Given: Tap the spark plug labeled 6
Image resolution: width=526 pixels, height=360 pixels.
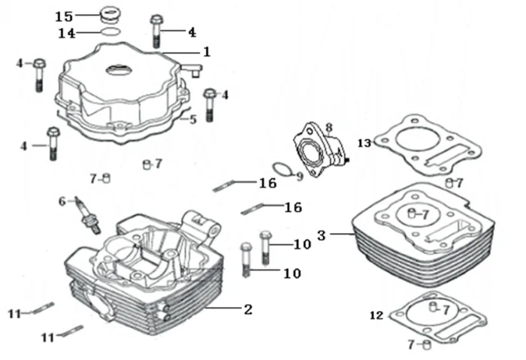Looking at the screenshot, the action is [88, 215].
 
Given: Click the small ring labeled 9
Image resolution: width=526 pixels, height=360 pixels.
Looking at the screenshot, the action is [283, 169].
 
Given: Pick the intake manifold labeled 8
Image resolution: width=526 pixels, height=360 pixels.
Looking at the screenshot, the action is [320, 150].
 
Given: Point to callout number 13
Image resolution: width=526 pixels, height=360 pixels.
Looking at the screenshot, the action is [364, 144].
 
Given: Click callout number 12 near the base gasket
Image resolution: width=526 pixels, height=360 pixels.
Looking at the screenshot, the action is [376, 316].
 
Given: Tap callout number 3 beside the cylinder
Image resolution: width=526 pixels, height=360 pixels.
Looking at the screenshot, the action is [322, 235].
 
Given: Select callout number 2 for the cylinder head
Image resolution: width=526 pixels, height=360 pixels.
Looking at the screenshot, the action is [248, 310].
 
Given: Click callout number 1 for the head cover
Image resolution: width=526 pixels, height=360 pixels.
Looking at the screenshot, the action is [207, 52].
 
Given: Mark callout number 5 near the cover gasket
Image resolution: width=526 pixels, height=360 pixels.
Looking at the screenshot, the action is [193, 119].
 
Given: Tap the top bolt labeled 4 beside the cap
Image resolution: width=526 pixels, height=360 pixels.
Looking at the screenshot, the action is [156, 32].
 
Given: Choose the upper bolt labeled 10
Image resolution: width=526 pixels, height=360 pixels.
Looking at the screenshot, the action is [265, 247].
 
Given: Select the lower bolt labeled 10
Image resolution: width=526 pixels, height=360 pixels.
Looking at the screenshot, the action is [246, 259].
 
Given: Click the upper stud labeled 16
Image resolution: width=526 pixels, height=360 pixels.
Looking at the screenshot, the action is [222, 186].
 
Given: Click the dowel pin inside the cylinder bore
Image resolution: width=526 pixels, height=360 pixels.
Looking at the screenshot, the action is [411, 213].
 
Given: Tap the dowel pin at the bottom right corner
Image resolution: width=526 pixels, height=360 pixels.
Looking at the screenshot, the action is [426, 344].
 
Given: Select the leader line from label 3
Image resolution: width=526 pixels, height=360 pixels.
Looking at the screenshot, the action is [341, 234].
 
